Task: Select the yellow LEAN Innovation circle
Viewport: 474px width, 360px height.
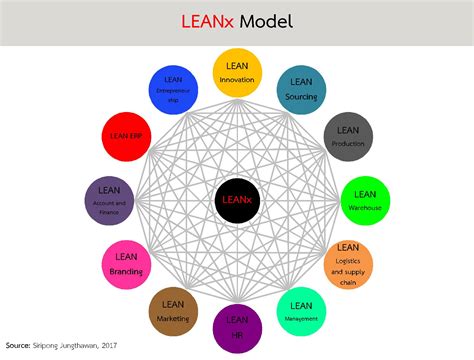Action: click(237, 73)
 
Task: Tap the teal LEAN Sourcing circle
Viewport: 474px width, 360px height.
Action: click(300, 89)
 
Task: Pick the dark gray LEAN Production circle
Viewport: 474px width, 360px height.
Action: click(347, 136)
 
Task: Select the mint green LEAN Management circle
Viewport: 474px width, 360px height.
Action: click(300, 310)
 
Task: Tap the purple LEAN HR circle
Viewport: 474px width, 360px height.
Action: click(237, 326)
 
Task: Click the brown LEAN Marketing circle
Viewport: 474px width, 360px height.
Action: click(172, 310)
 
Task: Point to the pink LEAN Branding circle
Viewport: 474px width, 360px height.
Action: click(127, 263)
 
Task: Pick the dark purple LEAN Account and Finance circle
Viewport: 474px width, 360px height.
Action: click(109, 198)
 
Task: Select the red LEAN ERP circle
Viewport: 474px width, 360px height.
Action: click(127, 136)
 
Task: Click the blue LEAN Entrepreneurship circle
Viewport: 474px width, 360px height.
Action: click(172, 89)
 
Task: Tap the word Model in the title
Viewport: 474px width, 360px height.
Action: click(266, 21)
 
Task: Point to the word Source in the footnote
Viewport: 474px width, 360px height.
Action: click(17, 346)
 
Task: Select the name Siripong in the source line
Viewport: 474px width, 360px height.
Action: click(47, 346)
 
